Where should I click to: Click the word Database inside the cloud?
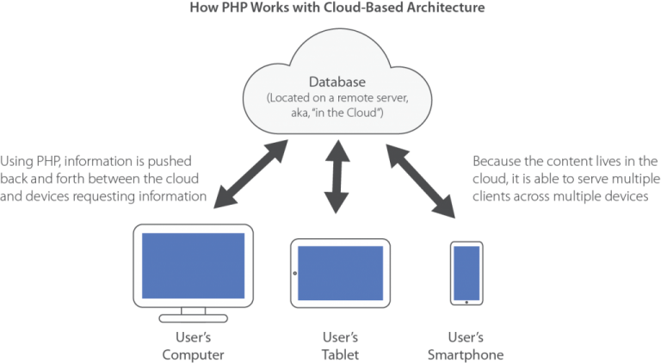click(x=337, y=82)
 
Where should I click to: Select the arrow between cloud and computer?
click(x=250, y=175)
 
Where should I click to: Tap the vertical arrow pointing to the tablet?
click(x=337, y=177)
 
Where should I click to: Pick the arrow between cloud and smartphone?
click(x=421, y=181)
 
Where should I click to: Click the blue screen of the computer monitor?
click(x=193, y=266)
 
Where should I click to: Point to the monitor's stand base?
click(x=193, y=318)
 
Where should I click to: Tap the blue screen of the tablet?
click(x=341, y=273)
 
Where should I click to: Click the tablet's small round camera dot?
click(x=294, y=274)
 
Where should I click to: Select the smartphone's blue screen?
click(x=466, y=273)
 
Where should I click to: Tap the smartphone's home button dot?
click(x=466, y=303)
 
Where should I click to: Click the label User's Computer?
click(x=193, y=346)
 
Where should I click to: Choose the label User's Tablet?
click(x=340, y=346)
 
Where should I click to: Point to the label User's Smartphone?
click(x=466, y=346)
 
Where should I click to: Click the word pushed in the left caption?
click(x=170, y=162)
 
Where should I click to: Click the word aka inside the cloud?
click(x=300, y=114)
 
